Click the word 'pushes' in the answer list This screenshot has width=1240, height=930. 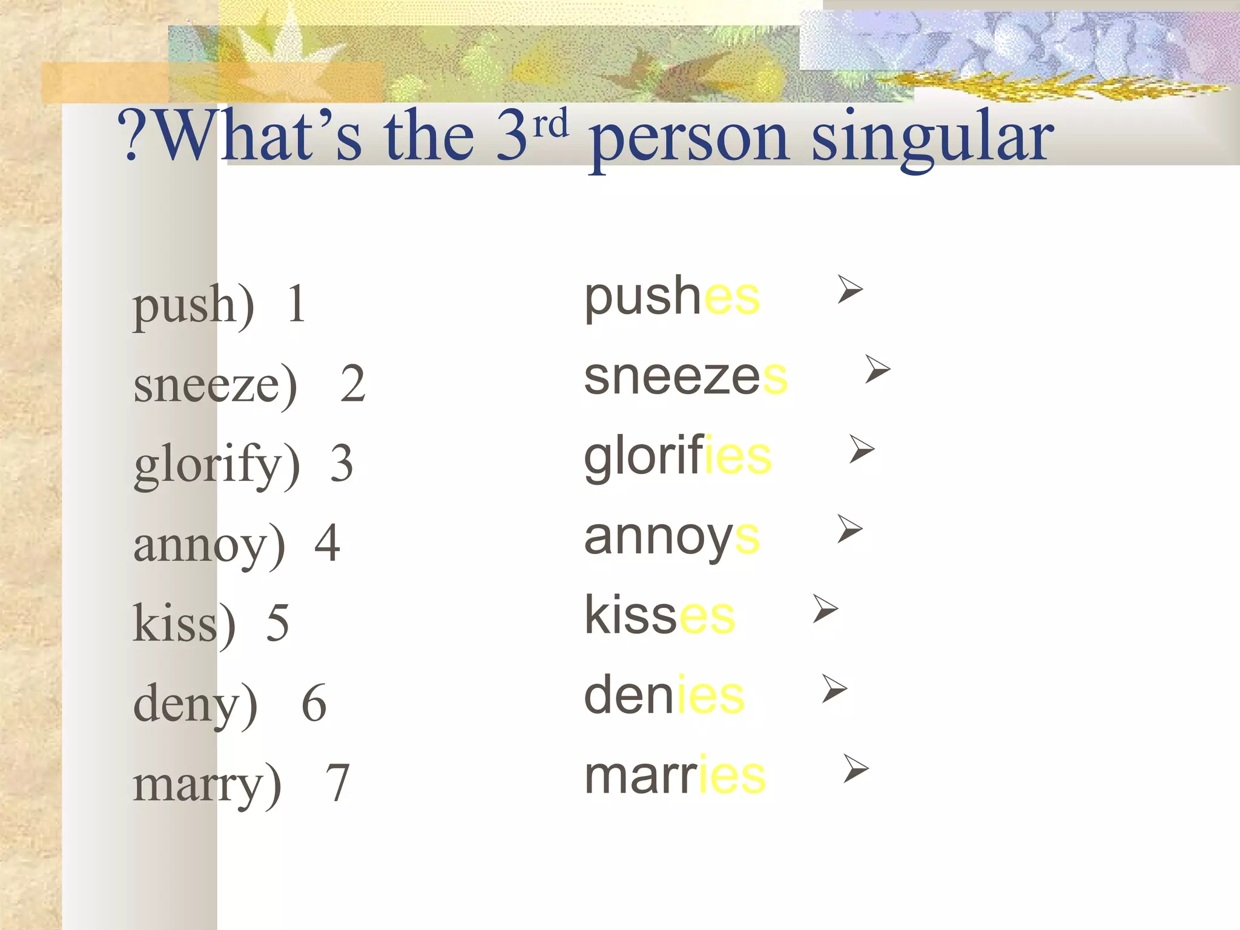coord(672,298)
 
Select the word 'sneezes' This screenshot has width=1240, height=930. coord(685,377)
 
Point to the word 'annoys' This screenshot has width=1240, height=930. coord(671,538)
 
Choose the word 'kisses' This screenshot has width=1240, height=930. coord(659,615)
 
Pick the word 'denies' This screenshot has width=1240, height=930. coord(664,695)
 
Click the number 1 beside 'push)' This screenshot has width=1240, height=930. coord(296,304)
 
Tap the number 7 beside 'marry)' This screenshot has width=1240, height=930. coord(338,783)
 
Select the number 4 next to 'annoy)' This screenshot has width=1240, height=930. coord(327,543)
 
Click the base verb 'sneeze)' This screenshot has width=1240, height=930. coord(216,385)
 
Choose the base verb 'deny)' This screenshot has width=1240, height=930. coord(195,704)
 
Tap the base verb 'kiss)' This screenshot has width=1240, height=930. coord(184,624)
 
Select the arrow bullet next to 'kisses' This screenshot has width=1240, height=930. coord(825,608)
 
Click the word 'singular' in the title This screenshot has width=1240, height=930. coord(932,138)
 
